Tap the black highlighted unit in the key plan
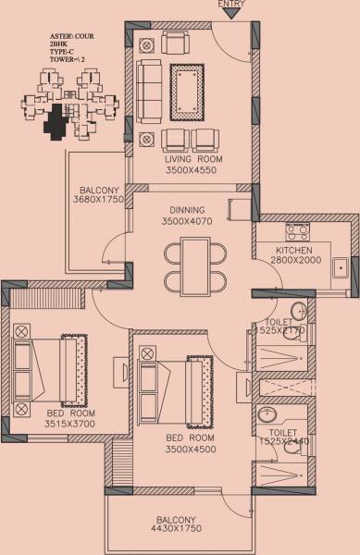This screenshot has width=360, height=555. click(x=57, y=119)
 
